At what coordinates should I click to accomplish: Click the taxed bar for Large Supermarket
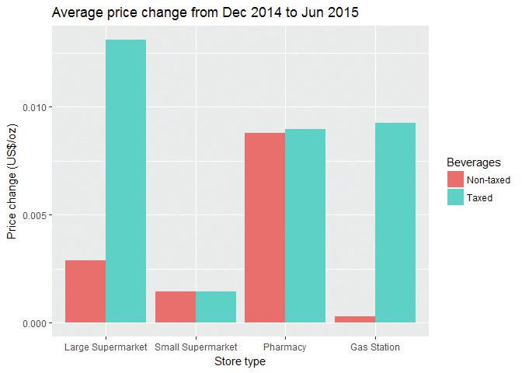(x=126, y=181)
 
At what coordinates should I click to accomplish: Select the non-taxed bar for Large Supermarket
(x=85, y=291)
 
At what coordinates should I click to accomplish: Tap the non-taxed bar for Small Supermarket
(x=176, y=307)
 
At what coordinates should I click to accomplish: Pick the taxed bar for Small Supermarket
(x=216, y=307)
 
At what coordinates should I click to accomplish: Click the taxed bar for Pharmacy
(x=305, y=225)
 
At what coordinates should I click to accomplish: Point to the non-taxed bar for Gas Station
(x=355, y=319)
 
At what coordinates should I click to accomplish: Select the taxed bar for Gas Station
(x=395, y=223)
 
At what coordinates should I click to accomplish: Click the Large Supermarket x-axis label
(x=106, y=347)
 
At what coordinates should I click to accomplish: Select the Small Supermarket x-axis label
(x=196, y=347)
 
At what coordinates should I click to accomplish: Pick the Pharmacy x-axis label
(x=285, y=347)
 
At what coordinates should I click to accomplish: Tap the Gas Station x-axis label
(x=375, y=347)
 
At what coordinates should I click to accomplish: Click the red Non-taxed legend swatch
(x=455, y=180)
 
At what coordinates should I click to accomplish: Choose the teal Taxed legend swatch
(x=455, y=197)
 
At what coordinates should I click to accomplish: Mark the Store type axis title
(x=240, y=361)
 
